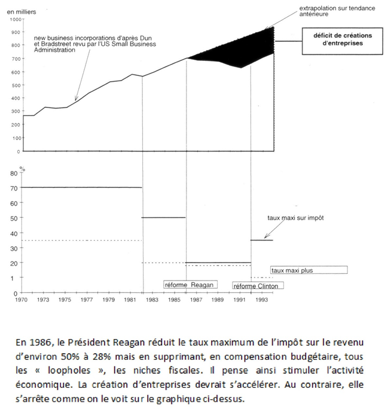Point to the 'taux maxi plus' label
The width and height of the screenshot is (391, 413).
(292, 270)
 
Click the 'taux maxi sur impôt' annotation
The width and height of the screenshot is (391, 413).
(295, 218)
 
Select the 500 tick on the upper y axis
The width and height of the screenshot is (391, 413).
(15, 85)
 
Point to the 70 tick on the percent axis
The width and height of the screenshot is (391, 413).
(14, 187)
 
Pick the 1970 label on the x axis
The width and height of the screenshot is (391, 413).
(22, 300)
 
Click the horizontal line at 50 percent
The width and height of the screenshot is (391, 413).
(165, 217)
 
